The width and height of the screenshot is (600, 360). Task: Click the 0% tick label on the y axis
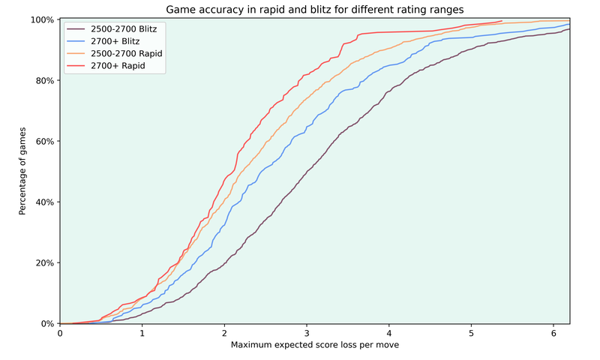click(x=46, y=324)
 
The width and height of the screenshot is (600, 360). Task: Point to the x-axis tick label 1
click(x=142, y=334)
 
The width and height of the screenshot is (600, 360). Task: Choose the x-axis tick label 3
click(x=307, y=334)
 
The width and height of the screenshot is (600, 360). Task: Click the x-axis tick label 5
click(x=471, y=334)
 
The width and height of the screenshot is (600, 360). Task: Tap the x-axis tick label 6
click(x=553, y=334)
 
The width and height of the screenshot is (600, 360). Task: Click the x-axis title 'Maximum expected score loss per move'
click(x=315, y=346)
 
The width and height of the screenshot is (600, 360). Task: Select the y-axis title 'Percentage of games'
click(x=23, y=171)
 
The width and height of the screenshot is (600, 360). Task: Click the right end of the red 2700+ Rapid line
click(x=502, y=21)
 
